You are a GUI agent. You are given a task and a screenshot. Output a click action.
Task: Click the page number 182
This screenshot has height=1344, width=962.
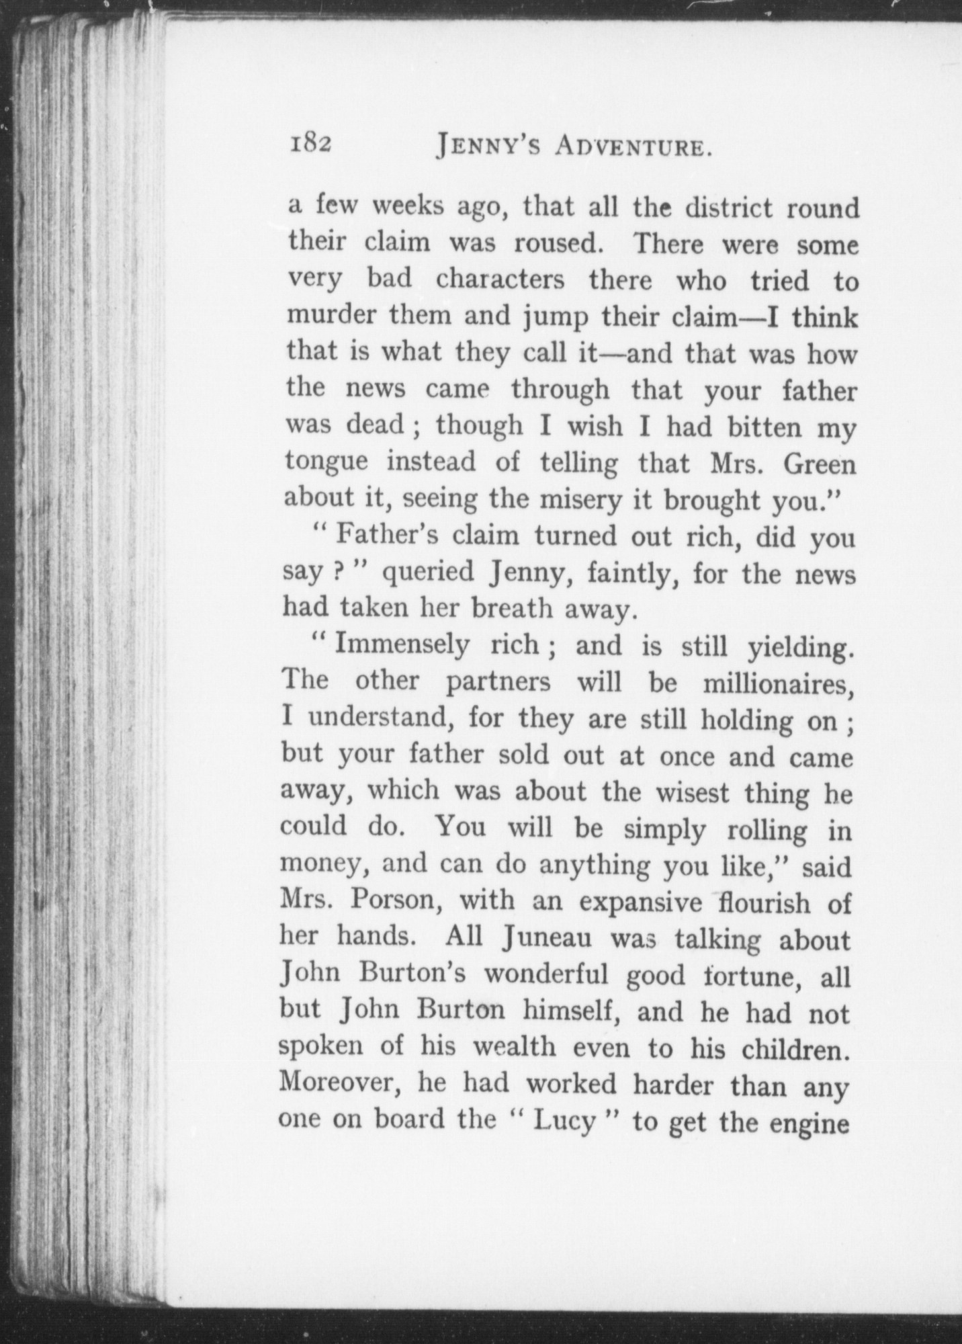coord(311,146)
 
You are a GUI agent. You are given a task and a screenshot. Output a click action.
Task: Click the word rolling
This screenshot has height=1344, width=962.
coord(767,831)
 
